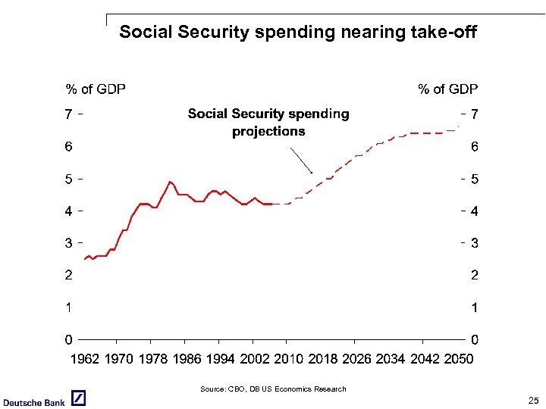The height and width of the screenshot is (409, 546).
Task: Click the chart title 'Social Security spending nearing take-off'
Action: pyautogui.click(x=298, y=32)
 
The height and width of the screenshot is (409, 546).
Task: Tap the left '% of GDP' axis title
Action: pyautogui.click(x=96, y=89)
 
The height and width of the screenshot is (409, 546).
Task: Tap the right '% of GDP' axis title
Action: pyautogui.click(x=448, y=89)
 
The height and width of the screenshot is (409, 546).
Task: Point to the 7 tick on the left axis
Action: pyautogui.click(x=68, y=114)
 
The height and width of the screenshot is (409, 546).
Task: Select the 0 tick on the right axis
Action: pyautogui.click(x=475, y=339)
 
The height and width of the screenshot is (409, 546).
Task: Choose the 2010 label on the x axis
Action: pyautogui.click(x=289, y=359)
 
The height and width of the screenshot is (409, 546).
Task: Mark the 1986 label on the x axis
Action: pyautogui.click(x=187, y=359)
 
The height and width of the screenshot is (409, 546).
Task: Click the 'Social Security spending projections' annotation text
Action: pyautogui.click(x=268, y=122)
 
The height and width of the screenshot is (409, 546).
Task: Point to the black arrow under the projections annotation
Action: pyautogui.click(x=301, y=161)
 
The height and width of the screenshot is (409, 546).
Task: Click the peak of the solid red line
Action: pyautogui.click(x=170, y=182)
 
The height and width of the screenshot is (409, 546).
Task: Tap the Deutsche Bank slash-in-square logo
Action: pyautogui.click(x=78, y=398)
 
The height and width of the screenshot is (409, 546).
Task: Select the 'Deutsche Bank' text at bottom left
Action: pyautogui.click(x=33, y=402)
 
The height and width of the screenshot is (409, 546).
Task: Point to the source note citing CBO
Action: pyautogui.click(x=273, y=389)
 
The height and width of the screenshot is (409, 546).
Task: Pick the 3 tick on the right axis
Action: pyautogui.click(x=475, y=243)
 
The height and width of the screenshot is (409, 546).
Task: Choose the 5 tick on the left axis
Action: pyautogui.click(x=68, y=180)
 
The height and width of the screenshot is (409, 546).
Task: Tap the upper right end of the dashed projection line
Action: pyautogui.click(x=457, y=130)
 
